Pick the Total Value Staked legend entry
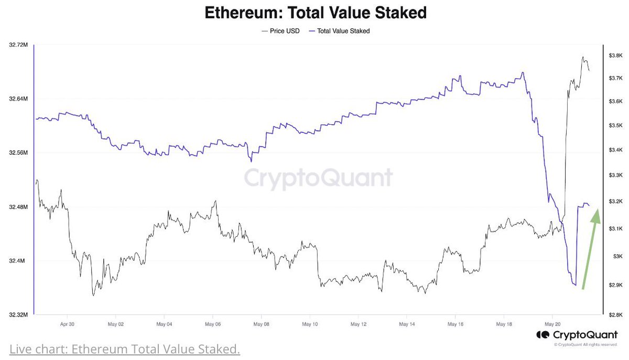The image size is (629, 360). (342, 31)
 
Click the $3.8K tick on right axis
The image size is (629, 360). (615, 56)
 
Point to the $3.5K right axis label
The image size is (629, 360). (615, 126)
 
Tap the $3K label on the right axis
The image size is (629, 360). (616, 256)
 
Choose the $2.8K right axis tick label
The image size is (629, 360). (615, 315)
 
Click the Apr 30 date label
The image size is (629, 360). (68, 324)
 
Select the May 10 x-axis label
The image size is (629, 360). (310, 324)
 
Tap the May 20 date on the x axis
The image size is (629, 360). (552, 324)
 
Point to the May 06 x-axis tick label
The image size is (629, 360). (213, 324)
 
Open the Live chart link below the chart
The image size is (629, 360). (125, 348)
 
